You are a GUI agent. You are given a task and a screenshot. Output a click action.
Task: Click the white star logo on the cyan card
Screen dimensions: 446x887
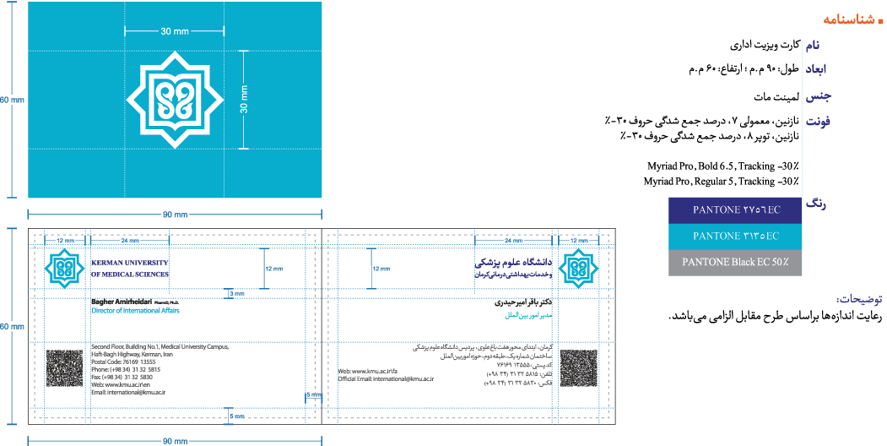click(175, 101)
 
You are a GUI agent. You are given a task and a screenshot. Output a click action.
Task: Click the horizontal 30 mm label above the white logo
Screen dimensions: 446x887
click(175, 31)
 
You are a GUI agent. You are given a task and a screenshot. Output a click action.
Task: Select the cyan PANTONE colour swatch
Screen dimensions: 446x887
click(734, 236)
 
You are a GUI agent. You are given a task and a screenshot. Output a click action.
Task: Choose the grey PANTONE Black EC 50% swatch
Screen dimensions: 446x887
click(734, 263)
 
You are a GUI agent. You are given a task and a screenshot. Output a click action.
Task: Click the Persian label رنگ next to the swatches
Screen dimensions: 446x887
click(816, 204)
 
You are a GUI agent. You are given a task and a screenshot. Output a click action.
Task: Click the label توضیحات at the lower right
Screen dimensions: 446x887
click(860, 300)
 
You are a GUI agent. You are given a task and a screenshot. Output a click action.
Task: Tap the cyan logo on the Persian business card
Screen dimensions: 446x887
click(580, 269)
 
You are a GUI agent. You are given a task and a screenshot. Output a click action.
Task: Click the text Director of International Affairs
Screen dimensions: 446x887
click(135, 311)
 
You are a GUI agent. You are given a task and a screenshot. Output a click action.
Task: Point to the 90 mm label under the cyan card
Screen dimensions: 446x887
click(174, 215)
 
